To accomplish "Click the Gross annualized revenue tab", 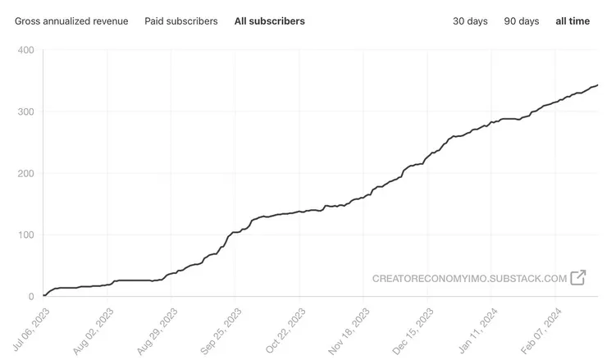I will click(71, 21).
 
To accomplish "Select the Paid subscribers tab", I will click(181, 21).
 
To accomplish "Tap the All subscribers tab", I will click(270, 21).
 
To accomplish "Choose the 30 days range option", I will click(470, 21).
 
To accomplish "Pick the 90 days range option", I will click(522, 21).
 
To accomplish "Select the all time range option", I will click(573, 21).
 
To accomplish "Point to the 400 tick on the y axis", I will click(25, 50).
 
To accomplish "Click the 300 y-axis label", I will click(25, 112).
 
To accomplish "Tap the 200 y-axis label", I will click(25, 173).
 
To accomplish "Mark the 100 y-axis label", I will click(25, 235).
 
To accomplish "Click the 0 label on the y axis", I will click(30, 296).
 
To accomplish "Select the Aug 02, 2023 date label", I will click(93, 330).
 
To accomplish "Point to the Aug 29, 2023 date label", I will click(157, 330).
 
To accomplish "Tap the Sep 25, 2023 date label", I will click(221, 330).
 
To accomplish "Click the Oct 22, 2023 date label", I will click(285, 330).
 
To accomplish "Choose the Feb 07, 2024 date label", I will click(542, 330).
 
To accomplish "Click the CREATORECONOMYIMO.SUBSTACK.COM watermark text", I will click(469, 278).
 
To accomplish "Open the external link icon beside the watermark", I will click(578, 277).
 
